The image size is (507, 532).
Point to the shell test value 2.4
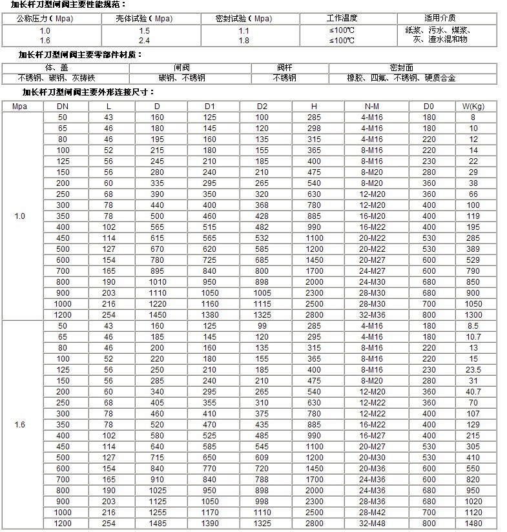144,40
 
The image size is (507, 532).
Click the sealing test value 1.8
243,40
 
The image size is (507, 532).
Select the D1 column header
210,106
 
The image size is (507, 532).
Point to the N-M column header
372,106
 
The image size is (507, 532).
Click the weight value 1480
473,522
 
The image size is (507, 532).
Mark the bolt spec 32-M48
372,522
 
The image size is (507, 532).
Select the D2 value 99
262,326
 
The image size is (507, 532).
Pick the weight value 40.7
473,391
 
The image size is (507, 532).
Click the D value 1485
158,522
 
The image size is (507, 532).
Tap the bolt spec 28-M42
372,511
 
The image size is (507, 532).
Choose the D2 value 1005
262,292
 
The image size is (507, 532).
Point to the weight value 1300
473,314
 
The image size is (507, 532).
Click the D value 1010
158,281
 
